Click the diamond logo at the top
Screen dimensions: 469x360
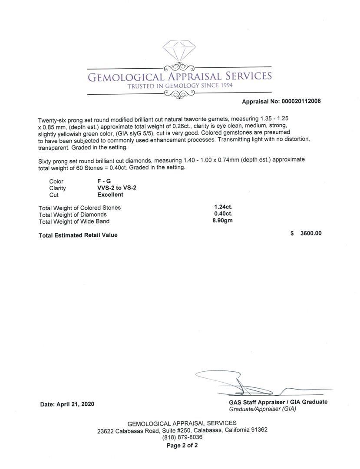[179, 51]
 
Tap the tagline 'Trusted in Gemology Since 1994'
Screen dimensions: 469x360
[180, 86]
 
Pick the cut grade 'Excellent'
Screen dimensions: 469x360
[110, 195]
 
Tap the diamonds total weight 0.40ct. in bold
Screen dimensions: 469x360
[223, 214]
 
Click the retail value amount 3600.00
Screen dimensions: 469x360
[311, 233]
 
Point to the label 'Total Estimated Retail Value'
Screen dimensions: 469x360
[78, 235]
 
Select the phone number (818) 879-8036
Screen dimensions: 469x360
[182, 437]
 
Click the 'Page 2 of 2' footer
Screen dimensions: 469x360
[182, 446]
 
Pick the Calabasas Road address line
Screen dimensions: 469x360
[182, 430]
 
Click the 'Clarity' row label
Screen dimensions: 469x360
[58, 188]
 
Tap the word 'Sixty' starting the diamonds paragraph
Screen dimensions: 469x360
[45, 160]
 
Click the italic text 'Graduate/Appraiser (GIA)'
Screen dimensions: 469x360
[262, 409]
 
